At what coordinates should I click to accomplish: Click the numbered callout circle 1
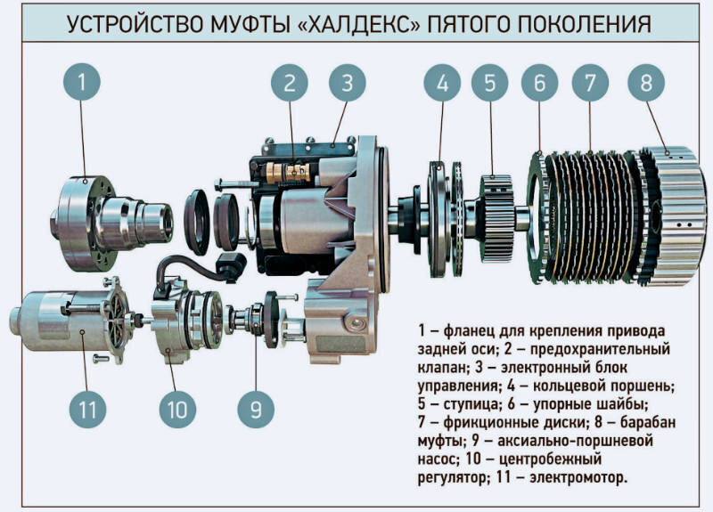pos(82,82)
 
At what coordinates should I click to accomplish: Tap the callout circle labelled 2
pos(290,83)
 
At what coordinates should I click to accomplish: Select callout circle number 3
pos(348,83)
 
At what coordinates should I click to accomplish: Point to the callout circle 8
pos(646,83)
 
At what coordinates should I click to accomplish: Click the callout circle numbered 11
pos(87,410)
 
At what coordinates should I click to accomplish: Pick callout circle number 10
pos(177,410)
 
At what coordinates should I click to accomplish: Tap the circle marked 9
pos(256,410)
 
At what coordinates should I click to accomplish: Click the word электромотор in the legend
pos(578,478)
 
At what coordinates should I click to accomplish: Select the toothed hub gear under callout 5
pos(496,218)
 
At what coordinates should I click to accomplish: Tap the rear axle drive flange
pos(111,223)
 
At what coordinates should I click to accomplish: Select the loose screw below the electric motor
pos(101,359)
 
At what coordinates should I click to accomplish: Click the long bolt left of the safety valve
pos(240,184)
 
